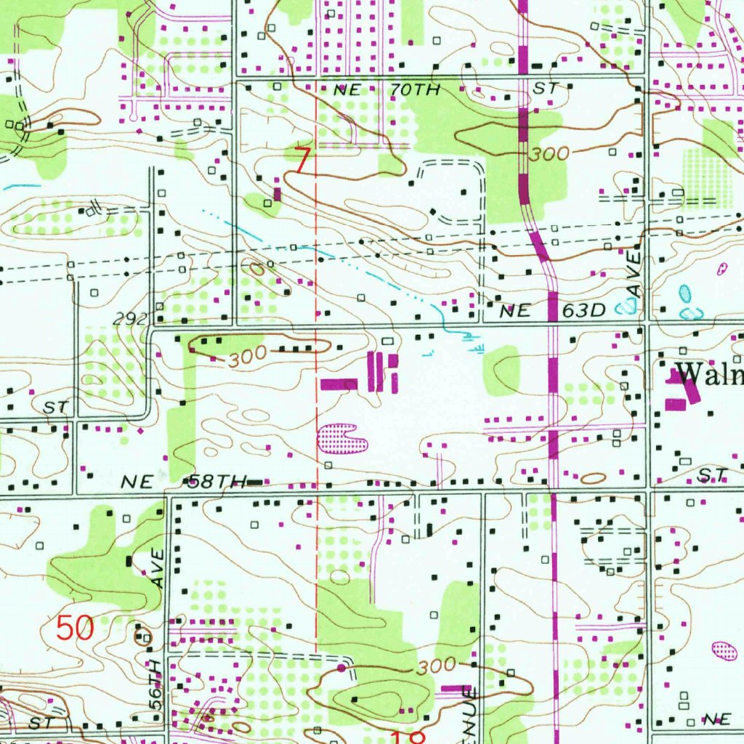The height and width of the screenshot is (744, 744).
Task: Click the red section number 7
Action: (302, 160)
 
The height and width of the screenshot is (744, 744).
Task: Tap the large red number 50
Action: (76, 628)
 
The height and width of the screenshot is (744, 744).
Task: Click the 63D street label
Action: (583, 311)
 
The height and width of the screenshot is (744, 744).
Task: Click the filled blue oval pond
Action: (684, 294)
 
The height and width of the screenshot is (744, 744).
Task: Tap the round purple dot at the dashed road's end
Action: (341, 667)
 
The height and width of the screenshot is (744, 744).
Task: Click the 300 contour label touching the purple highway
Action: (549, 154)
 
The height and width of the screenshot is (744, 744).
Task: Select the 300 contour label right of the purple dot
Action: (437, 666)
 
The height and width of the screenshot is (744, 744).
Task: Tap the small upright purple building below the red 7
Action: (277, 194)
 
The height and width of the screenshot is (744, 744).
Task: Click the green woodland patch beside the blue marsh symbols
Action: (503, 371)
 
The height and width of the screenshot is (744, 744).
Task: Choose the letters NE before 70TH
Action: (347, 90)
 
